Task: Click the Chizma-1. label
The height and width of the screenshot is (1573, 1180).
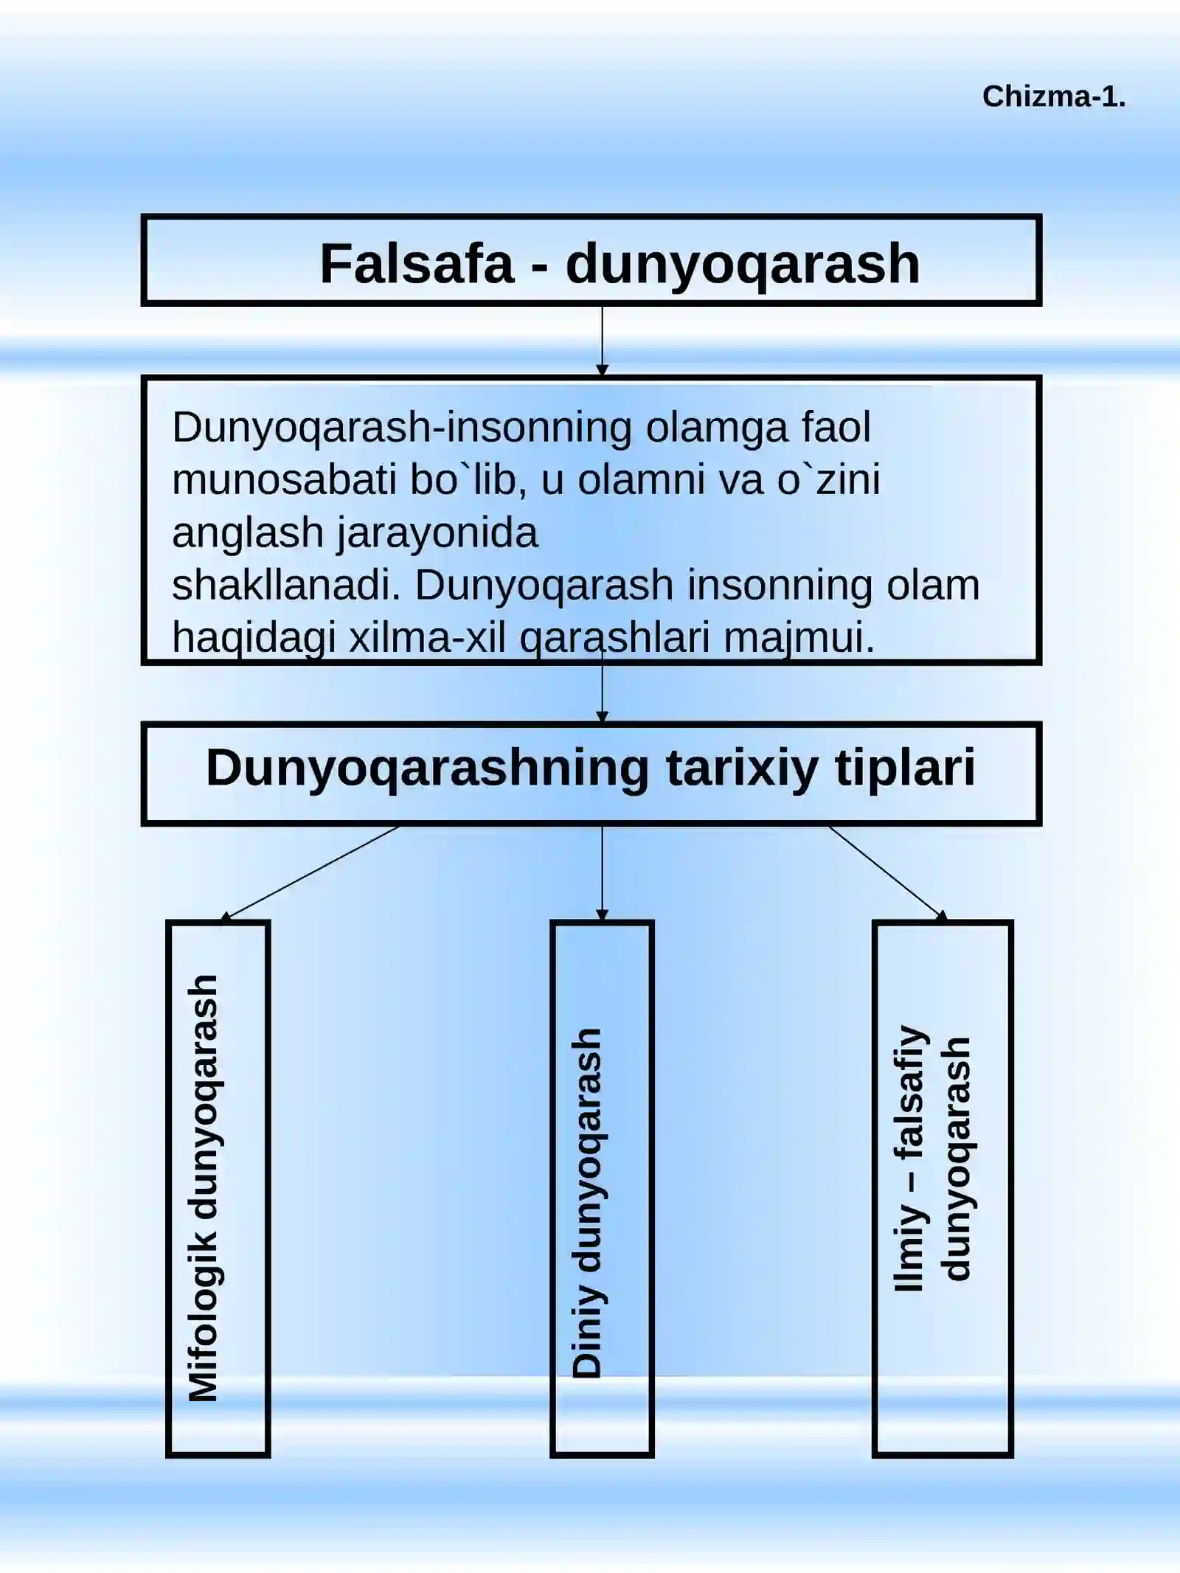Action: pyautogui.click(x=1054, y=97)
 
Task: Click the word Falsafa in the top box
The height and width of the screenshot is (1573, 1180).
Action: pyautogui.click(x=416, y=263)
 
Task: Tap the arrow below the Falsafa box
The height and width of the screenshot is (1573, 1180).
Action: pyautogui.click(x=602, y=341)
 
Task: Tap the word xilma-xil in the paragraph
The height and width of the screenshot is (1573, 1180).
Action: pyautogui.click(x=428, y=637)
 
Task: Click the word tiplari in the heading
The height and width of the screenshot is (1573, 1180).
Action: pyautogui.click(x=905, y=768)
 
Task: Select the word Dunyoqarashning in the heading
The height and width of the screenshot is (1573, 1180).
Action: pyautogui.click(x=428, y=770)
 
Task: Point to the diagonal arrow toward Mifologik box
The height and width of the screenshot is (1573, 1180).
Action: pyautogui.click(x=310, y=873)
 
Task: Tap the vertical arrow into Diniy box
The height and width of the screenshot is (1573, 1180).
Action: pyautogui.click(x=602, y=873)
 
